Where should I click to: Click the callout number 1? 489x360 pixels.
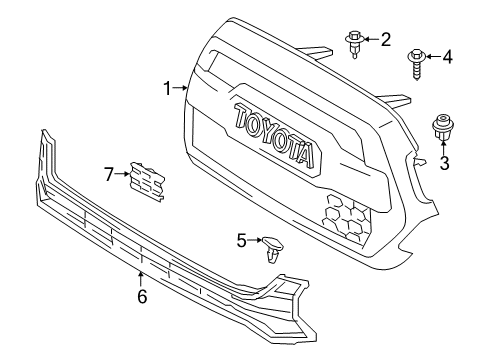click(168, 90)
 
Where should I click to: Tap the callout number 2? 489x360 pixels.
click(385, 40)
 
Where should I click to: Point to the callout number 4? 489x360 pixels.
click(447, 57)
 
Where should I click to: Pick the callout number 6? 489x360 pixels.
click(142, 297)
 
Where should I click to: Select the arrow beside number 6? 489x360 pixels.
click(142, 278)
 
